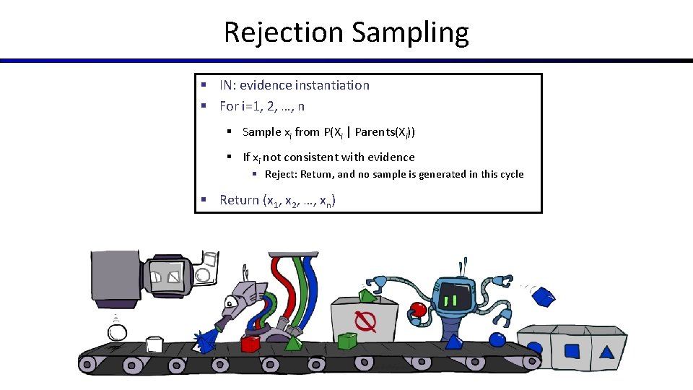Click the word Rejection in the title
283,32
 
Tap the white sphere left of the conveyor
117,333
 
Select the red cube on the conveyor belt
250,344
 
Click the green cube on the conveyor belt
347,340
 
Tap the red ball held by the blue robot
417,310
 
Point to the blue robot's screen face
455,298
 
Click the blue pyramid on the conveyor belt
454,341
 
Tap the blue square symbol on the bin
572,351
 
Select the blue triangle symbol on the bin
607,352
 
